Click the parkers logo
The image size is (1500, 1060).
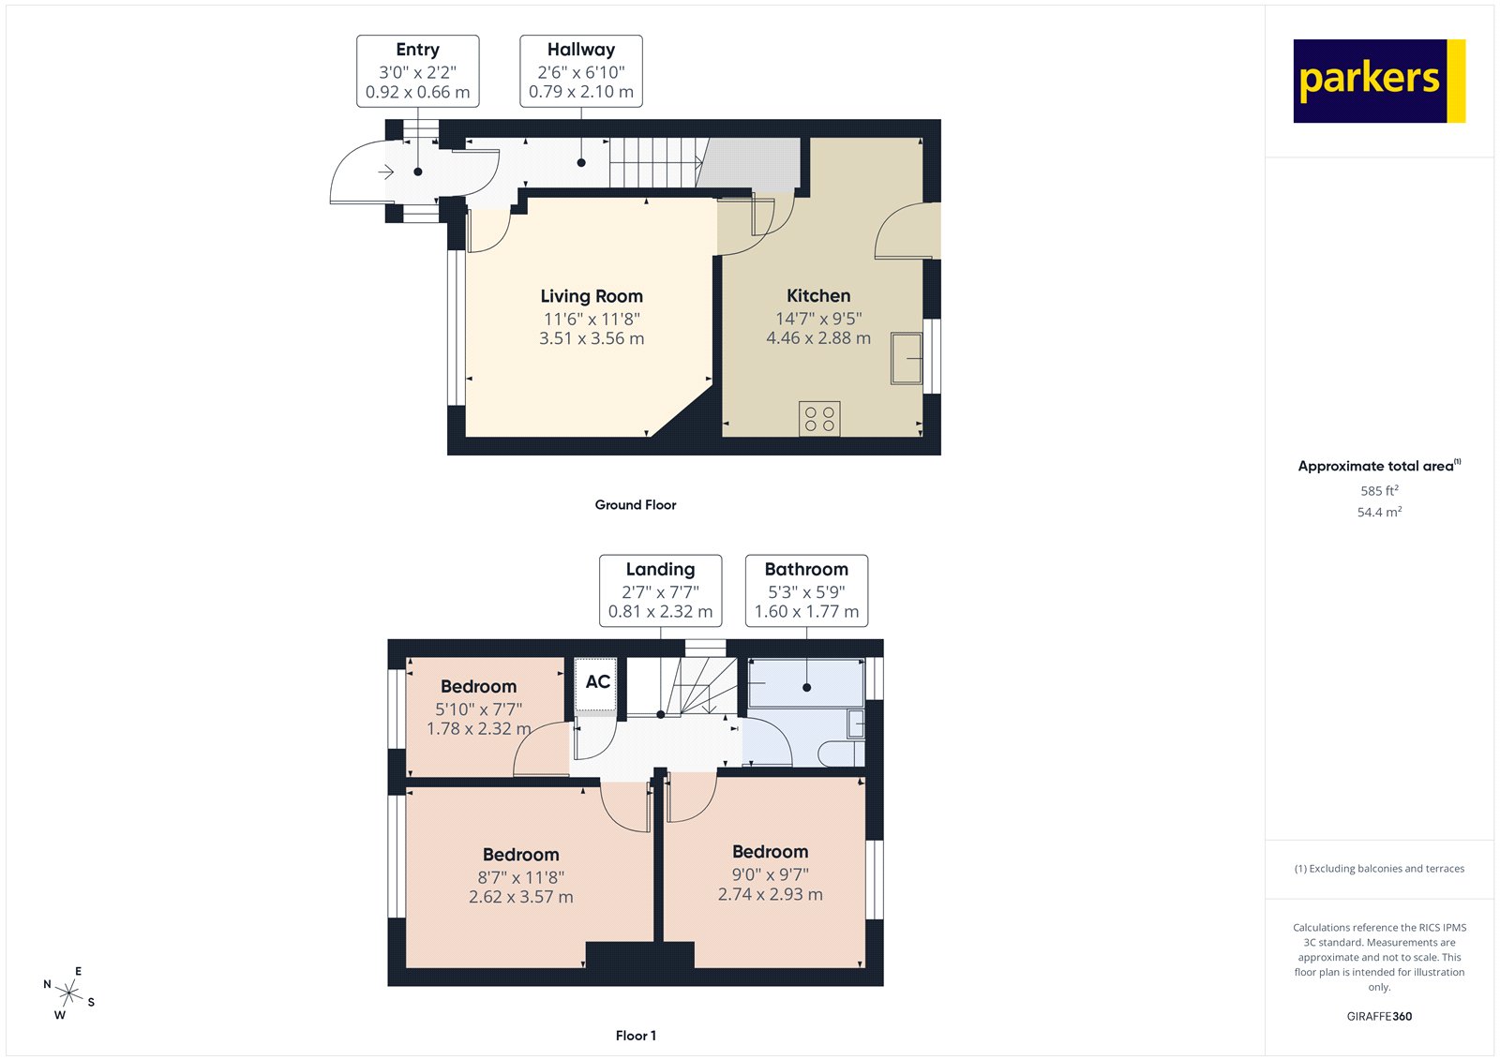(1378, 81)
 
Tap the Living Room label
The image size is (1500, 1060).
(592, 297)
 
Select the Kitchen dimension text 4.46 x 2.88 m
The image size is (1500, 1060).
(817, 338)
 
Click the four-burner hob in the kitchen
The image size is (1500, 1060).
(819, 419)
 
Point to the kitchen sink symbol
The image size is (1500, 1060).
(907, 358)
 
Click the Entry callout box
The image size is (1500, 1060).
(418, 71)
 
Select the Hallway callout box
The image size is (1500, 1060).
(581, 71)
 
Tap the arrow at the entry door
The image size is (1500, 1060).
(386, 172)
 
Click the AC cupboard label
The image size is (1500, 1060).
(598, 681)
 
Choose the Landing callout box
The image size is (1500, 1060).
(661, 590)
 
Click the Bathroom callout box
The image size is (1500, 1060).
(806, 590)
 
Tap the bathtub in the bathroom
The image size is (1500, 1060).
(806, 682)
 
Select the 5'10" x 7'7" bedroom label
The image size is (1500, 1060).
(478, 709)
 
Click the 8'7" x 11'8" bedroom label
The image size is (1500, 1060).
(520, 876)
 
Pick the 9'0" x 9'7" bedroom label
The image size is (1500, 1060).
(770, 873)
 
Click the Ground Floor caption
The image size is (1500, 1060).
(636, 505)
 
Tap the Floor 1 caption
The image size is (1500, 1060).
(636, 1036)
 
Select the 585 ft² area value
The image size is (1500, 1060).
(1379, 491)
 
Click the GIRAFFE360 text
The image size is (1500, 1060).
(1379, 1016)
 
